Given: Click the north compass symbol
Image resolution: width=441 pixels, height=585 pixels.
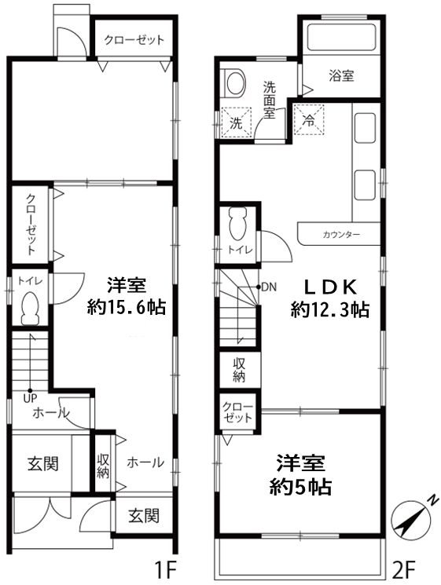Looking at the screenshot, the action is pos(410,518).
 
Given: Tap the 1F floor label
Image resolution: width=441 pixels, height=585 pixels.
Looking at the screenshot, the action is pos(165,569).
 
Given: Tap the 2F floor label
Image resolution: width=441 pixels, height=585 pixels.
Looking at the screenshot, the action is pos(402,569).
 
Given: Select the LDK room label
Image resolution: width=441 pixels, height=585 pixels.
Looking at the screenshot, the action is pos(329,287).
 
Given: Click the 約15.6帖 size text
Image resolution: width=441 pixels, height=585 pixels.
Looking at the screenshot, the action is pos(127,308).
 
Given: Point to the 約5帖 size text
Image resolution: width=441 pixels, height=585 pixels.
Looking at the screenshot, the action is pos(300,487).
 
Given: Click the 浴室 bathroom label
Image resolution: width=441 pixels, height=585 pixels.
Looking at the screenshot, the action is pos(341,75).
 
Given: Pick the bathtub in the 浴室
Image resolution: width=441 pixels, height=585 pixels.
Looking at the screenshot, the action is pos(341,38).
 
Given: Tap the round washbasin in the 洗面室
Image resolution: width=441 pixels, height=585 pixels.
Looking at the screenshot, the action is pos(235,82).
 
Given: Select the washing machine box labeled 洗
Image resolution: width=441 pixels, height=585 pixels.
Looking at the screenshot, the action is pos(236,122).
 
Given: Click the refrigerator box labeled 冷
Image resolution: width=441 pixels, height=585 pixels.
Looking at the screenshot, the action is pos(308,120).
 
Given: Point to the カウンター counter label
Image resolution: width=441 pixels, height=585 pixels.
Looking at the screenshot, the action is pos(341,235).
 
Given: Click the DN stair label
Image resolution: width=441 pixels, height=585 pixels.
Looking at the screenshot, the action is pos(269,287).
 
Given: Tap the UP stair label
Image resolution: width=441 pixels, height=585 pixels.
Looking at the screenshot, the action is pos(30,398).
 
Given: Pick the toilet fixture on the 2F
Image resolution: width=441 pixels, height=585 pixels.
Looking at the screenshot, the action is pos(238,223).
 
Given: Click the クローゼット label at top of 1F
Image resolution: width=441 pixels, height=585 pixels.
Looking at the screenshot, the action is pos(134,40).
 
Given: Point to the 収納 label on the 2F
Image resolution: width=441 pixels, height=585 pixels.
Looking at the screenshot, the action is pos(239,370).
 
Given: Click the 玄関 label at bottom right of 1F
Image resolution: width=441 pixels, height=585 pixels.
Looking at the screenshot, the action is pos(144,516).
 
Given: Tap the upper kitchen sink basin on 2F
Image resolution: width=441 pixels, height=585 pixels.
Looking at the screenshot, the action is pos(365,127).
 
